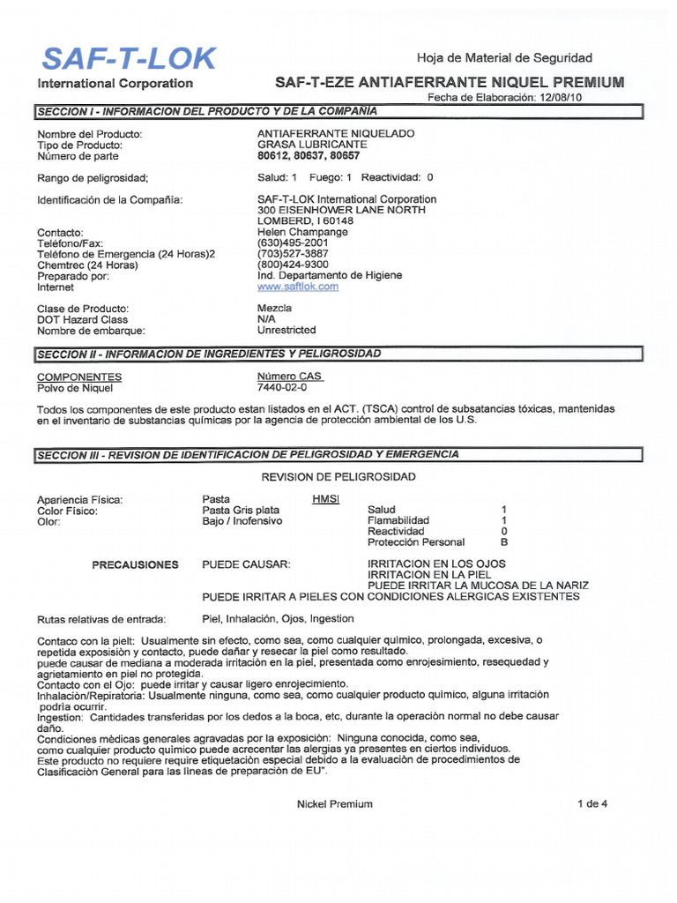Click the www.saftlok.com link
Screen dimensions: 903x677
click(297, 287)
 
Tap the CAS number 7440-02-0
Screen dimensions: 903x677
click(282, 387)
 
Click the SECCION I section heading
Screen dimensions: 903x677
click(206, 111)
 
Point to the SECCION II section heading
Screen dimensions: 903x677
click(209, 354)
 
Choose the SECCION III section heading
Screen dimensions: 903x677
click(248, 454)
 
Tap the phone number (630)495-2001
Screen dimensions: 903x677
click(293, 243)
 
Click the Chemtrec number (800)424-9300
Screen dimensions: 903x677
click(293, 265)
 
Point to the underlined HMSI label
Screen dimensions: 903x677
click(325, 499)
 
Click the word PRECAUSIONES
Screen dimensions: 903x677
click(135, 564)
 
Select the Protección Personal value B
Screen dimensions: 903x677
click(504, 542)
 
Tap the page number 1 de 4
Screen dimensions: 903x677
click(592, 803)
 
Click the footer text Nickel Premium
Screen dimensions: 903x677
click(335, 803)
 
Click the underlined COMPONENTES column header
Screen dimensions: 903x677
click(79, 377)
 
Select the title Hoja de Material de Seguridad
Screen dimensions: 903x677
click(504, 57)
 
